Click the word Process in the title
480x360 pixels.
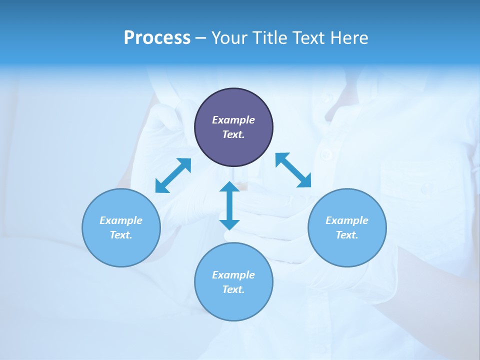[x=157, y=38]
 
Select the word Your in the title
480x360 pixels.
[x=230, y=38]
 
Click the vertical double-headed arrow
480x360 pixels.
[x=229, y=205]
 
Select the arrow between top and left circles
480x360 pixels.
[x=173, y=175]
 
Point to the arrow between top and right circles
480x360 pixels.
[x=293, y=170]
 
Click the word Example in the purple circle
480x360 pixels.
[x=233, y=120]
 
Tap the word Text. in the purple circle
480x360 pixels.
[x=233, y=134]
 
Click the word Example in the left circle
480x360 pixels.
[x=121, y=220]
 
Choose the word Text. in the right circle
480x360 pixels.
[x=347, y=235]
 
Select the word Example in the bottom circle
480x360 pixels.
[x=233, y=275]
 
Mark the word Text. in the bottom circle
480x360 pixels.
[x=233, y=289]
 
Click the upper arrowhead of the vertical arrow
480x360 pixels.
[x=229, y=188]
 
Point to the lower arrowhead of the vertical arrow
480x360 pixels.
[x=229, y=223]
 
